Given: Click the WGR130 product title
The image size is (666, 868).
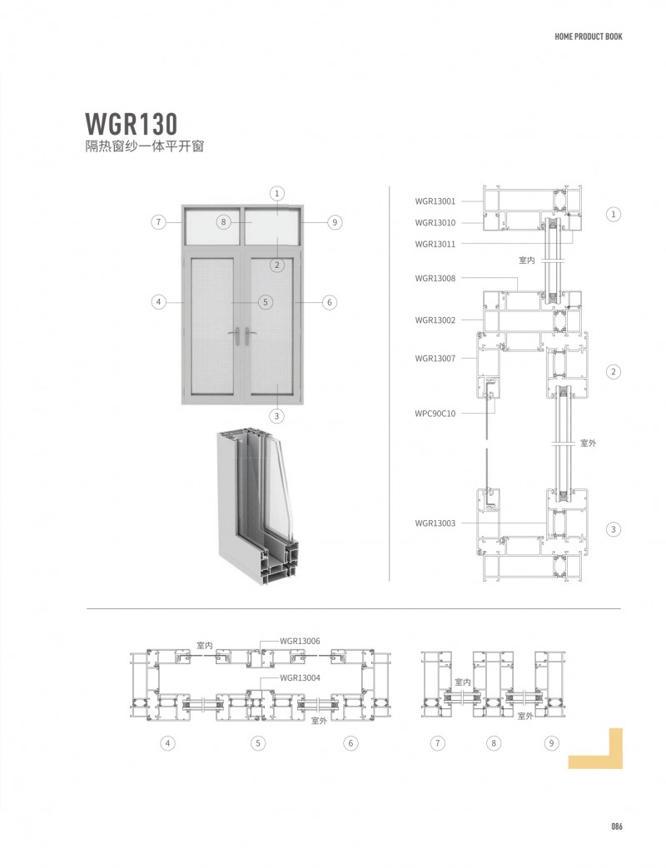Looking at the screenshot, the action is (x=131, y=124).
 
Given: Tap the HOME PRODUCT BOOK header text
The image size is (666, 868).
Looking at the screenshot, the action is (x=588, y=37).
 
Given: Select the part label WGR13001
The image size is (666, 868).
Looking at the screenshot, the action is (x=435, y=201).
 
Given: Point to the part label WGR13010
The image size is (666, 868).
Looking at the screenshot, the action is (x=435, y=223).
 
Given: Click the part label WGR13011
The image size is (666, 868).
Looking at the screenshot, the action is (x=435, y=244).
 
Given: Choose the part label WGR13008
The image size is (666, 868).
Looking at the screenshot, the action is (x=435, y=279).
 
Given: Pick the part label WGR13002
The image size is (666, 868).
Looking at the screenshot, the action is (x=435, y=320).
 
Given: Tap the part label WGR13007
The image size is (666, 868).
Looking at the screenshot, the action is (x=435, y=359).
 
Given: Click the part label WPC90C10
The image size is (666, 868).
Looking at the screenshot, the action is (x=435, y=414).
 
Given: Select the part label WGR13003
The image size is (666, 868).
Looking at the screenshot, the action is (x=435, y=523).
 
